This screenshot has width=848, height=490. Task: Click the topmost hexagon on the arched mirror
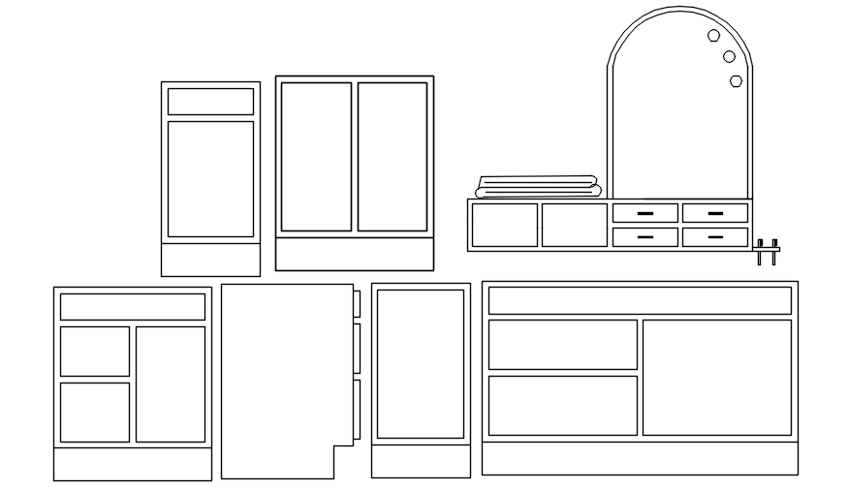(x=713, y=36)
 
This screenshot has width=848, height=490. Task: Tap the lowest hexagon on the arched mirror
(x=736, y=80)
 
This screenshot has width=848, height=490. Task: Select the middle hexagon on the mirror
(x=729, y=57)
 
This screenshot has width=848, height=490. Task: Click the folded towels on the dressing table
(x=539, y=187)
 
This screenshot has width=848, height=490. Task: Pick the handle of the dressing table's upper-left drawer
(x=644, y=213)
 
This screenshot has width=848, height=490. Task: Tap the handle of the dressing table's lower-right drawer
(x=714, y=236)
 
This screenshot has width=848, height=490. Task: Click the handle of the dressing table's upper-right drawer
(x=714, y=213)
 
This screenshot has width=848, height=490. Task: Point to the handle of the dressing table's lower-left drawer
(x=644, y=236)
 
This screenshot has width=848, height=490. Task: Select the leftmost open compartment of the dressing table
(x=504, y=225)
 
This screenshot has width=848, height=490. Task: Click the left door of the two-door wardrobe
(x=316, y=157)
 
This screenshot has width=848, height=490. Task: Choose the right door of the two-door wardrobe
(x=393, y=157)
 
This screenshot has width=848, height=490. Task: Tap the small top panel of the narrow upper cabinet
(x=210, y=102)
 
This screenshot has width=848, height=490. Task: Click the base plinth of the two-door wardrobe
(x=354, y=255)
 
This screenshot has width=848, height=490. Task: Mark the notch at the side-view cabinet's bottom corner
(x=343, y=461)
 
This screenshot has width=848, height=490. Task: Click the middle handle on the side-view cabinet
(x=357, y=349)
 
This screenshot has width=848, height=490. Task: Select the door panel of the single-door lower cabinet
(x=421, y=364)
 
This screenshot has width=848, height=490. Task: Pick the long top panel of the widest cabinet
(x=640, y=300)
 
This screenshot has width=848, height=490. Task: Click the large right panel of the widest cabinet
(x=717, y=378)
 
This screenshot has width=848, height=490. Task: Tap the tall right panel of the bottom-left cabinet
(x=171, y=384)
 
